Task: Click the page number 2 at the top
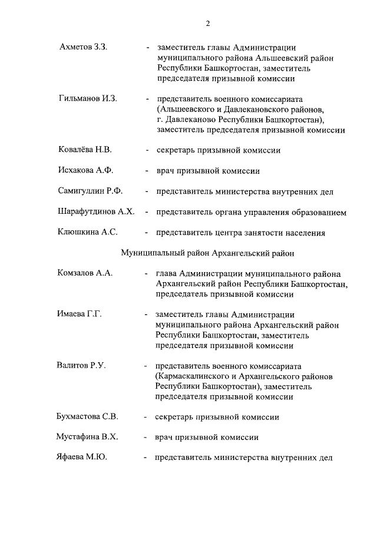click(208, 24)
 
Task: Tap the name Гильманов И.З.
click(88, 98)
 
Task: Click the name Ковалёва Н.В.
click(85, 150)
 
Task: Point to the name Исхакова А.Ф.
click(85, 171)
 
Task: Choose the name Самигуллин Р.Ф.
click(90, 191)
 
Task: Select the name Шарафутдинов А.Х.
click(96, 212)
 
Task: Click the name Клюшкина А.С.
click(88, 233)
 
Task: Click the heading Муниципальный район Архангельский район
click(207, 253)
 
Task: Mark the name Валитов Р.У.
click(81, 366)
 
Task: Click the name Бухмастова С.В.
click(87, 417)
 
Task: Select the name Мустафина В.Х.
click(87, 438)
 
